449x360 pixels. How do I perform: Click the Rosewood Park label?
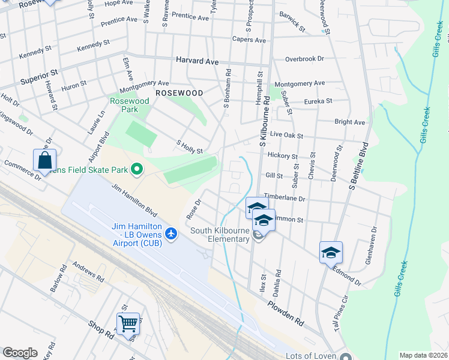(x=129, y=106)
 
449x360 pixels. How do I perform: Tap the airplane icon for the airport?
(x=172, y=232)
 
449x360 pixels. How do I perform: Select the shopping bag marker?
(x=44, y=160)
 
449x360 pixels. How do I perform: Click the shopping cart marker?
(x=128, y=324)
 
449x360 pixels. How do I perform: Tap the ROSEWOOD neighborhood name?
(x=179, y=93)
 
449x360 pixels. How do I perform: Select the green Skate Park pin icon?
(x=137, y=170)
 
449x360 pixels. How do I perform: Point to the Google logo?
(x=20, y=353)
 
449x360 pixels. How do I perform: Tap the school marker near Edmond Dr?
(x=331, y=252)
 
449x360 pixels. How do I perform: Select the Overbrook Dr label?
(x=304, y=59)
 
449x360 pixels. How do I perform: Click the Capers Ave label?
(x=249, y=40)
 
